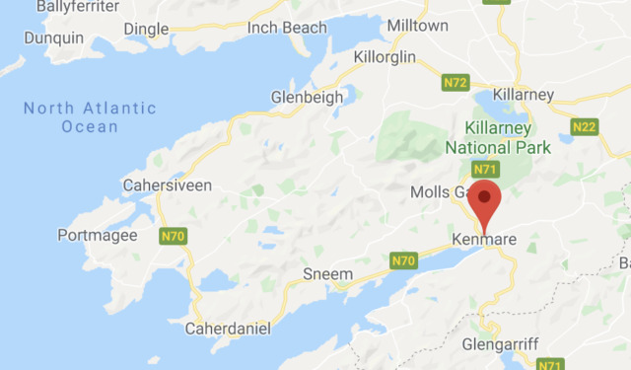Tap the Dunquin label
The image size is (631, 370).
click(x=54, y=38)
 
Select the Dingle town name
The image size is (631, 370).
click(x=145, y=31)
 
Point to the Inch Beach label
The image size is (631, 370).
click(x=287, y=28)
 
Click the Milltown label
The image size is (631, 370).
click(x=418, y=25)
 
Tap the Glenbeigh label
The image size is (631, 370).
click(x=307, y=98)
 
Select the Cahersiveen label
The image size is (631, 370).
click(x=161, y=185)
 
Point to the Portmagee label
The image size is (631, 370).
click(x=96, y=236)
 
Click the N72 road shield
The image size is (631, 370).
click(x=456, y=83)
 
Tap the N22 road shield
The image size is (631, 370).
click(x=585, y=125)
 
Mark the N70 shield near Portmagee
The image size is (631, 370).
click(x=173, y=236)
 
